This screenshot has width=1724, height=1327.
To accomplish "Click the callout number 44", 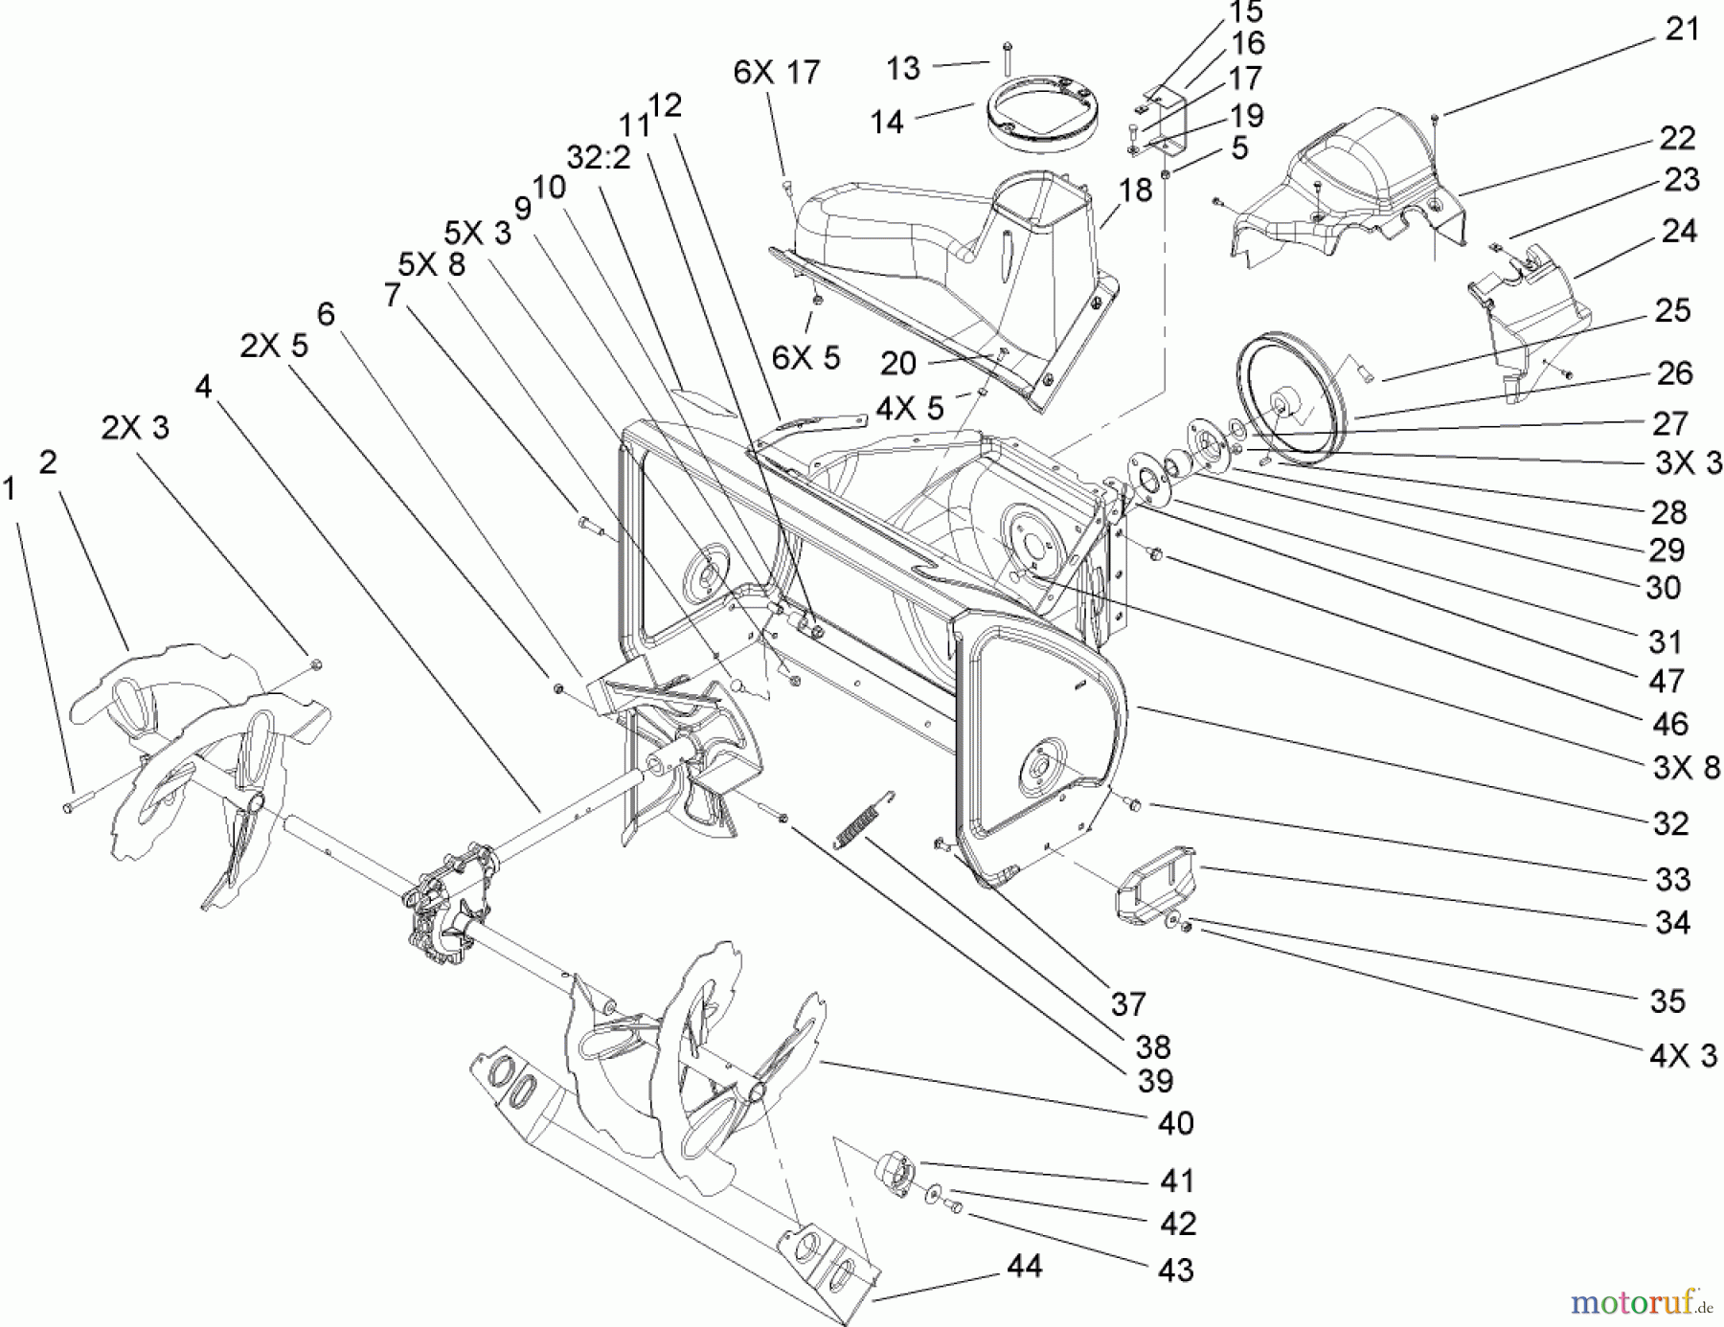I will (1024, 1267).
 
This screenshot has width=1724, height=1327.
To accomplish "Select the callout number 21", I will (1682, 30).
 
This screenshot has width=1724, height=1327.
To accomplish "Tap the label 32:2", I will (599, 157).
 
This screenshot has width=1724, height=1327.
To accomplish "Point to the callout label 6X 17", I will (777, 72).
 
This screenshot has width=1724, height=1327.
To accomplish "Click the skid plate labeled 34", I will (1152, 887).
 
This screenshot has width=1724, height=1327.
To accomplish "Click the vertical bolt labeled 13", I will (1007, 59).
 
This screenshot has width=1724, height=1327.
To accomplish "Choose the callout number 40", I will (1175, 1123).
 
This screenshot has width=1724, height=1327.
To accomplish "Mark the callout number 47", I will (1667, 681).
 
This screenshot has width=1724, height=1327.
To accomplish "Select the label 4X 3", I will (1683, 1056).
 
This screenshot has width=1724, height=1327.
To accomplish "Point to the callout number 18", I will (1135, 191).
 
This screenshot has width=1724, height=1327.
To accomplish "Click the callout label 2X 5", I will (274, 346).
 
